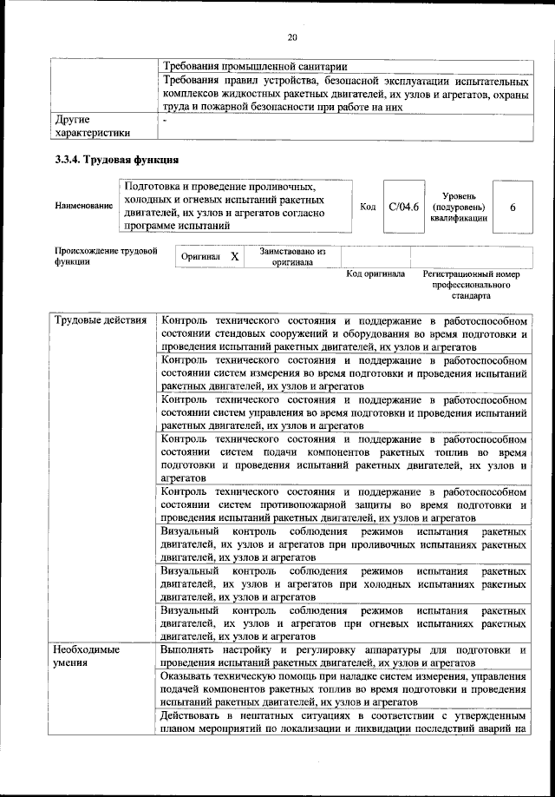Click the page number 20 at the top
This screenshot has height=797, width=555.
point(292,36)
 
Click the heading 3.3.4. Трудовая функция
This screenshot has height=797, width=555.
point(117,160)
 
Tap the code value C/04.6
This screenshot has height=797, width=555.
point(404,207)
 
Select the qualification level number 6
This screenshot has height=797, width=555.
point(513,207)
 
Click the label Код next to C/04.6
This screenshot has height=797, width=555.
point(368,207)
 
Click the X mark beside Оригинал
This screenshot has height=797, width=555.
point(234,258)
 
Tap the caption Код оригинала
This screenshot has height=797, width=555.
point(375,273)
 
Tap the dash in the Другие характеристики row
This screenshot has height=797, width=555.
point(164,120)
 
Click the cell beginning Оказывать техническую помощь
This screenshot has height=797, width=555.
point(344,689)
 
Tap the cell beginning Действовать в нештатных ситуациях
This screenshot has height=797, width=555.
point(344,722)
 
